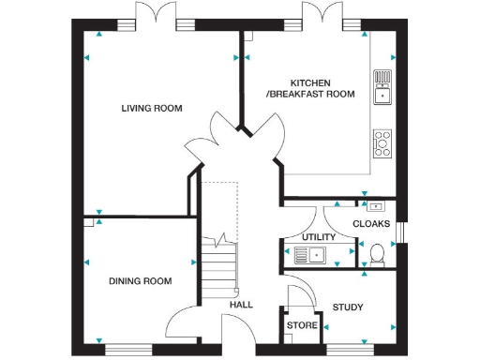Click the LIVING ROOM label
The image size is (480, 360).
click(151, 109)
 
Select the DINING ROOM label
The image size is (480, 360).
click(140, 281)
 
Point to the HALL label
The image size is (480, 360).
click(241, 305)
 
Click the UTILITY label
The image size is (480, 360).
click(319, 237)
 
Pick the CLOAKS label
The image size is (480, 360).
click(371, 223)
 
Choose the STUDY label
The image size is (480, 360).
click(348, 307)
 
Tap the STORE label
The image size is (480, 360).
click(302, 326)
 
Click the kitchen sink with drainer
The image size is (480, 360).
click(382, 86)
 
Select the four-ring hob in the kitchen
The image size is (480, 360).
click(382, 142)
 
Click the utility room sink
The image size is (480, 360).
click(308, 253)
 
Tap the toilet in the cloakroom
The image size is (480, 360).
click(377, 252)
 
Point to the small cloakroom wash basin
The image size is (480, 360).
click(376, 205)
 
